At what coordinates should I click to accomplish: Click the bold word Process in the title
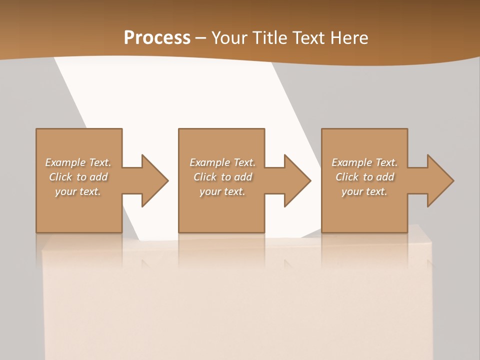pos(157,37)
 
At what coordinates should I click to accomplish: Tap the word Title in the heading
pos(268,37)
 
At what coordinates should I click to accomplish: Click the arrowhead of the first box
pos(155,180)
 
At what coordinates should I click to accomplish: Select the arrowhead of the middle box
pos(297,180)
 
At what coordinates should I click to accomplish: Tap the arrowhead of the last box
pos(440,180)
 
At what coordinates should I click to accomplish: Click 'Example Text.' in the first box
pos(78,162)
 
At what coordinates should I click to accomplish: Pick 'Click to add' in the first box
pos(78,177)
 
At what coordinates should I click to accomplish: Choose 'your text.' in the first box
pos(78,191)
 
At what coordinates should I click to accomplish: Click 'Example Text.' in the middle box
pos(222,162)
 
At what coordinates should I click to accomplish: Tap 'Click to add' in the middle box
pos(222,177)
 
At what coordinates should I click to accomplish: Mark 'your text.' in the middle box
pos(222,191)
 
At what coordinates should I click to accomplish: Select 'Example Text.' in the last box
pos(364,162)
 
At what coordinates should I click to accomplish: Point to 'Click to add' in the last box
pos(364,177)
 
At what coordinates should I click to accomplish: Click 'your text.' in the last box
pos(364,191)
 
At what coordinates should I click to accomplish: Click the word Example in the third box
pos(352,162)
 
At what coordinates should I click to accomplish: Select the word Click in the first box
pos(60,177)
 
